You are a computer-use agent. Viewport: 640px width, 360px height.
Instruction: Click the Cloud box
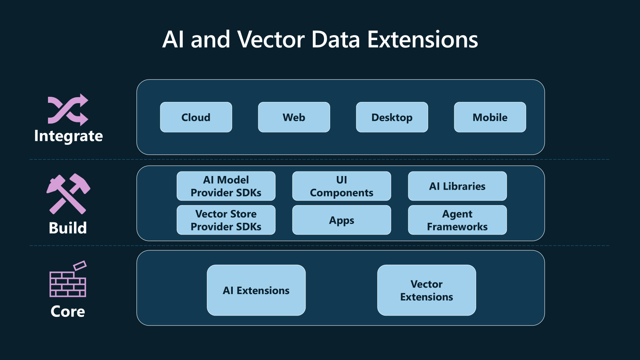(x=196, y=117)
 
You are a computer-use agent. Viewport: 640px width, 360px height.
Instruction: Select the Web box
(x=294, y=117)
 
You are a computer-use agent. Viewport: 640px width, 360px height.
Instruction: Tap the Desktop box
(x=392, y=117)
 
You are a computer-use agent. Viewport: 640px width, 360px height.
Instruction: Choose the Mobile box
(x=490, y=117)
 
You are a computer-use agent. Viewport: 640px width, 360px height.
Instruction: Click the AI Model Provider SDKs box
(x=226, y=186)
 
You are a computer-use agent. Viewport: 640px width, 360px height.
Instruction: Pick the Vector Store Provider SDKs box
(x=226, y=220)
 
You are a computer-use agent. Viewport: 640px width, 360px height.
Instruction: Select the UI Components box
(x=342, y=186)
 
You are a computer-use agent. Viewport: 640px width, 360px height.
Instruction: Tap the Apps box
(x=342, y=220)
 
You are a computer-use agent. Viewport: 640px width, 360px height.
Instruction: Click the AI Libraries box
(x=457, y=186)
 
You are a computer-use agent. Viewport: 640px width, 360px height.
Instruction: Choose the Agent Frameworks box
(x=457, y=220)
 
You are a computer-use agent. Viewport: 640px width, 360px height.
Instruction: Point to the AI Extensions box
(x=256, y=290)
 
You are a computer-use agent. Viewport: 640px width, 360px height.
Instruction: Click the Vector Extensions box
(x=426, y=290)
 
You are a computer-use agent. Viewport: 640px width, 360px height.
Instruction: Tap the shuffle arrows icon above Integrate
(x=68, y=110)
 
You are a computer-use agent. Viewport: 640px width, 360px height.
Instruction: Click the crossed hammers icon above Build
(x=68, y=194)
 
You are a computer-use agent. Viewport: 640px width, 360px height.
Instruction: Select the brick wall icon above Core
(x=68, y=280)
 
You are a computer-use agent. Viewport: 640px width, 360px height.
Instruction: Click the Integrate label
(x=68, y=136)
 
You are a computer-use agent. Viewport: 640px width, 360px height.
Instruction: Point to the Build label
(x=68, y=228)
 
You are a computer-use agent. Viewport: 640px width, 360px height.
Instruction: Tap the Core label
(x=68, y=311)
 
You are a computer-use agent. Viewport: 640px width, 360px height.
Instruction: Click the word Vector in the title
(x=271, y=40)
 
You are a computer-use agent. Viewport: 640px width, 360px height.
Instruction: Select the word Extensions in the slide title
(x=422, y=40)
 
